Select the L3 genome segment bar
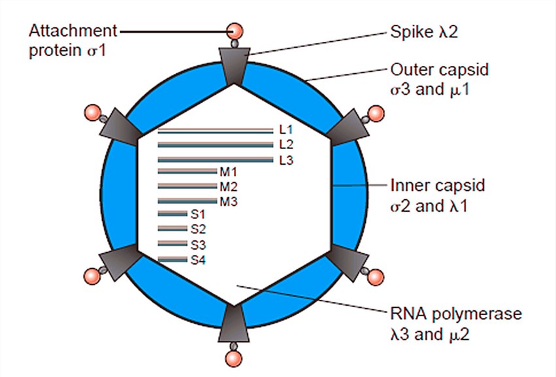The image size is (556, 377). point(215,159)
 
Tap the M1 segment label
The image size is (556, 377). point(227,172)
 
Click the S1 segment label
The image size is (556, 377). point(198,214)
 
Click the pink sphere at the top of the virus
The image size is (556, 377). point(235,30)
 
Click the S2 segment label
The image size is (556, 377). point(198,229)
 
